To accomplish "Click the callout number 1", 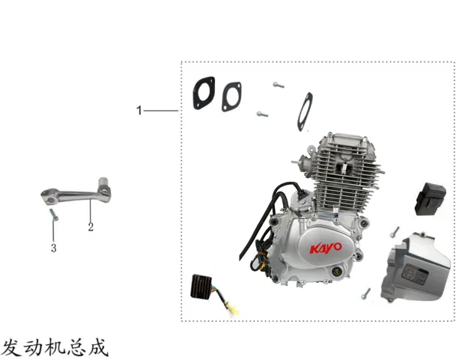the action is (x=139, y=111).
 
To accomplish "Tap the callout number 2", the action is (x=91, y=227).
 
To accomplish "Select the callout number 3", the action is (x=54, y=248).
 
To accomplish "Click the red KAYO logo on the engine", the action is (x=326, y=248).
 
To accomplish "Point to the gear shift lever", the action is (x=76, y=193).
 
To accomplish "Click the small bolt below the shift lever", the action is (x=54, y=215).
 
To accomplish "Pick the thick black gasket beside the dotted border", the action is (x=204, y=93).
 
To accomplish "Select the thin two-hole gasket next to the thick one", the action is (x=231, y=97).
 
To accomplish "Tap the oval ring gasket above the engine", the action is (x=306, y=112).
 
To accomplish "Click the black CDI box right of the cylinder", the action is (x=430, y=199).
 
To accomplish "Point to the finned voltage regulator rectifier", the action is (x=201, y=286).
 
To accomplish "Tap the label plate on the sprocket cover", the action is (x=415, y=274).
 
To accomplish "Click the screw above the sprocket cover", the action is (x=395, y=232).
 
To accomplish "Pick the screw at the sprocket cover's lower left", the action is (x=365, y=293).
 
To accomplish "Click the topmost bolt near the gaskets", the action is (x=279, y=85).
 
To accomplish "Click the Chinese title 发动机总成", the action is (x=55, y=347).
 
